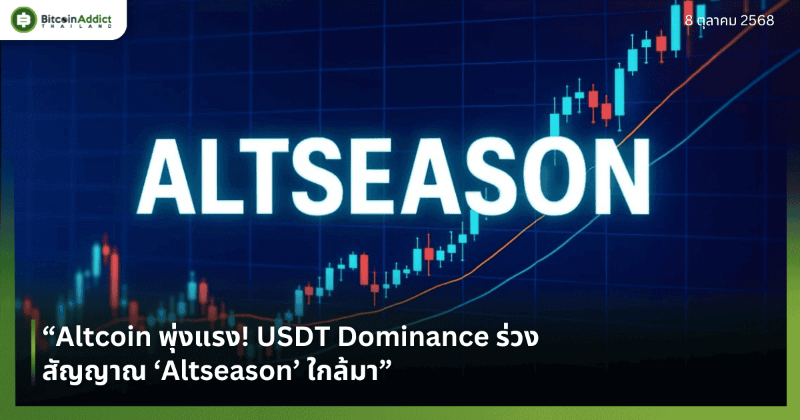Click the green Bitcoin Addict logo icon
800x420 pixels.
tap(23, 19)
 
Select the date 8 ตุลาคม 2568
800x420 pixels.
tap(729, 21)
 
